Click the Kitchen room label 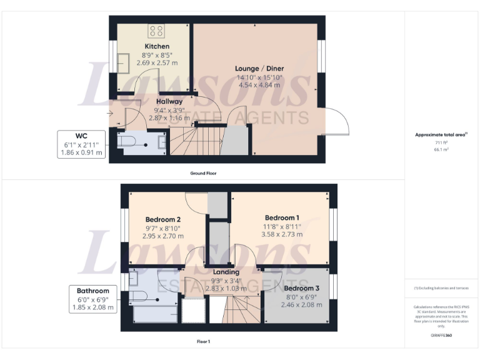157,47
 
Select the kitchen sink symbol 123,62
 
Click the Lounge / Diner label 259,68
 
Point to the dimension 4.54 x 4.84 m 259,84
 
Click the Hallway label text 169,101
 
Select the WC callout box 81,144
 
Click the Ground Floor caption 203,173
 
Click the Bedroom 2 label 163,219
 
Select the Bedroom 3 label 301,288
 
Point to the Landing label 226,272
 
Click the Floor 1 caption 203,342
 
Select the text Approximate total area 441,134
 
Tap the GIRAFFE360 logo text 441,336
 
